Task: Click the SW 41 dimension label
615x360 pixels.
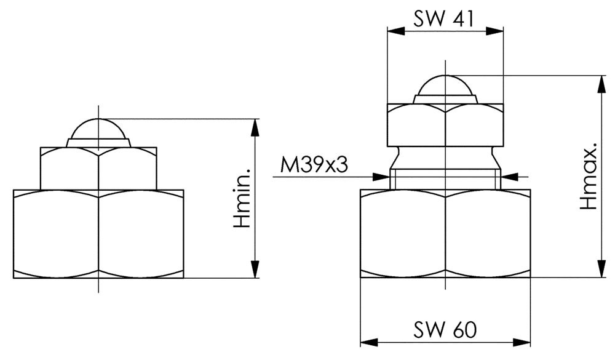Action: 443,18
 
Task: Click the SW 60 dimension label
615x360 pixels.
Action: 445,330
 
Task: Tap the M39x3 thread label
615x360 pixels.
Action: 314,166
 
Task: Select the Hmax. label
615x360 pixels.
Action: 588,175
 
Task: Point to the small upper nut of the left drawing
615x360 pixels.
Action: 98,169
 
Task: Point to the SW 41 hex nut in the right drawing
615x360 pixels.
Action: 445,125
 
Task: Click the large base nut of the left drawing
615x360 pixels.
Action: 98,234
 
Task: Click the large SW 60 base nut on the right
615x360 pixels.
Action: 445,234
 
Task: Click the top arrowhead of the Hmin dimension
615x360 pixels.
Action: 255,127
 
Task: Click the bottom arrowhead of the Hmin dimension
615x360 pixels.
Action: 255,269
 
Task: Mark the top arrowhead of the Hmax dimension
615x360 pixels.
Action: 601,84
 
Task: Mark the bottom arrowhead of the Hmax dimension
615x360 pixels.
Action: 601,269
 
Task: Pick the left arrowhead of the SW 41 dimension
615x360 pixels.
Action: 396,31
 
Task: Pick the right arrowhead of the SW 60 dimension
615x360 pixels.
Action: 522,342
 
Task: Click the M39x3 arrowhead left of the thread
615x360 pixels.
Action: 381,177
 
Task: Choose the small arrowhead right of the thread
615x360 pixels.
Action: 510,177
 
